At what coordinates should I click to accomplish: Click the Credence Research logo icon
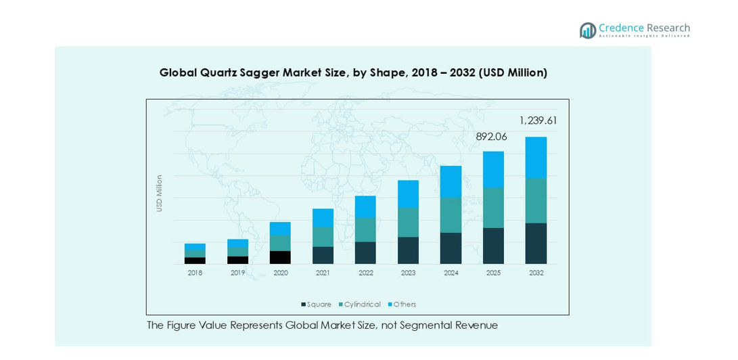coord(587,30)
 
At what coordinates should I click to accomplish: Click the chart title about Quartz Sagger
coord(353,72)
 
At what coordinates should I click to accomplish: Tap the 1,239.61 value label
coord(538,120)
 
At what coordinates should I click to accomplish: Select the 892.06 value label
coord(491,137)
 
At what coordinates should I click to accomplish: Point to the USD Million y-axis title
coord(160,194)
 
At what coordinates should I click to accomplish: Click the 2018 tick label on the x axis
coord(195,273)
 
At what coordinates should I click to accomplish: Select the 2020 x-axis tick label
coord(280,273)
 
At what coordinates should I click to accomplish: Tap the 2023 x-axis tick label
coord(408,273)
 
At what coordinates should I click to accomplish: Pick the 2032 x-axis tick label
coord(536,273)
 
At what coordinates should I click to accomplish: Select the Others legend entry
coord(403,305)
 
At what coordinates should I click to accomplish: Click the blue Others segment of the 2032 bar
coord(536,157)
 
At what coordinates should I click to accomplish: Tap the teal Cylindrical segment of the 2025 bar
coord(493,208)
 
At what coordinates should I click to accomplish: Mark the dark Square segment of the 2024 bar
coord(451,248)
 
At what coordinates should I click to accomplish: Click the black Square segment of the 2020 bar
coord(280,257)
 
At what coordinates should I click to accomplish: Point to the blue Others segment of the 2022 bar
coord(365,206)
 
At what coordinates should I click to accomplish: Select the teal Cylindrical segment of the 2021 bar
coord(323,237)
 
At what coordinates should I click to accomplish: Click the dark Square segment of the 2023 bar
coord(408,250)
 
